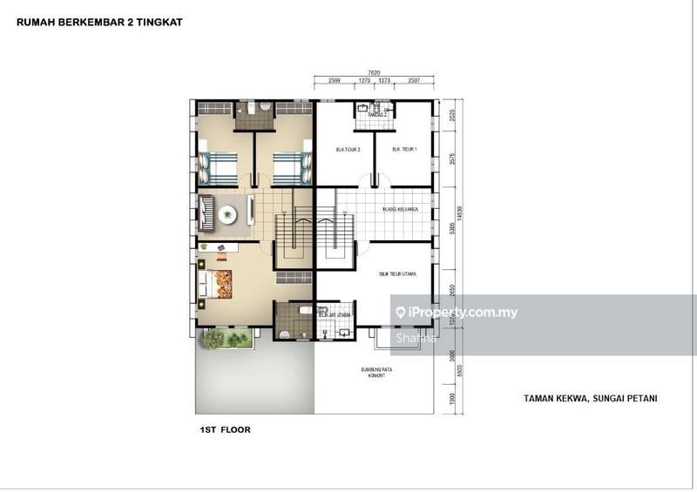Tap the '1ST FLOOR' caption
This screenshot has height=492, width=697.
225,430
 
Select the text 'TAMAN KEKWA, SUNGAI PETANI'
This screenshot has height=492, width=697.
590,398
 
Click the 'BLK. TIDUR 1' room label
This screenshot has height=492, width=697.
404,149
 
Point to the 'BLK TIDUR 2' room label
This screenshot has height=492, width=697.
348,149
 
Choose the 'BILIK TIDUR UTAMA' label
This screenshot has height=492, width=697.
397,273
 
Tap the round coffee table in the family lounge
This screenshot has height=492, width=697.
228,212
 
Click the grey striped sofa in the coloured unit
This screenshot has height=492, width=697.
206,211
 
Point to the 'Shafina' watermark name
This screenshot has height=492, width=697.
414,338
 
